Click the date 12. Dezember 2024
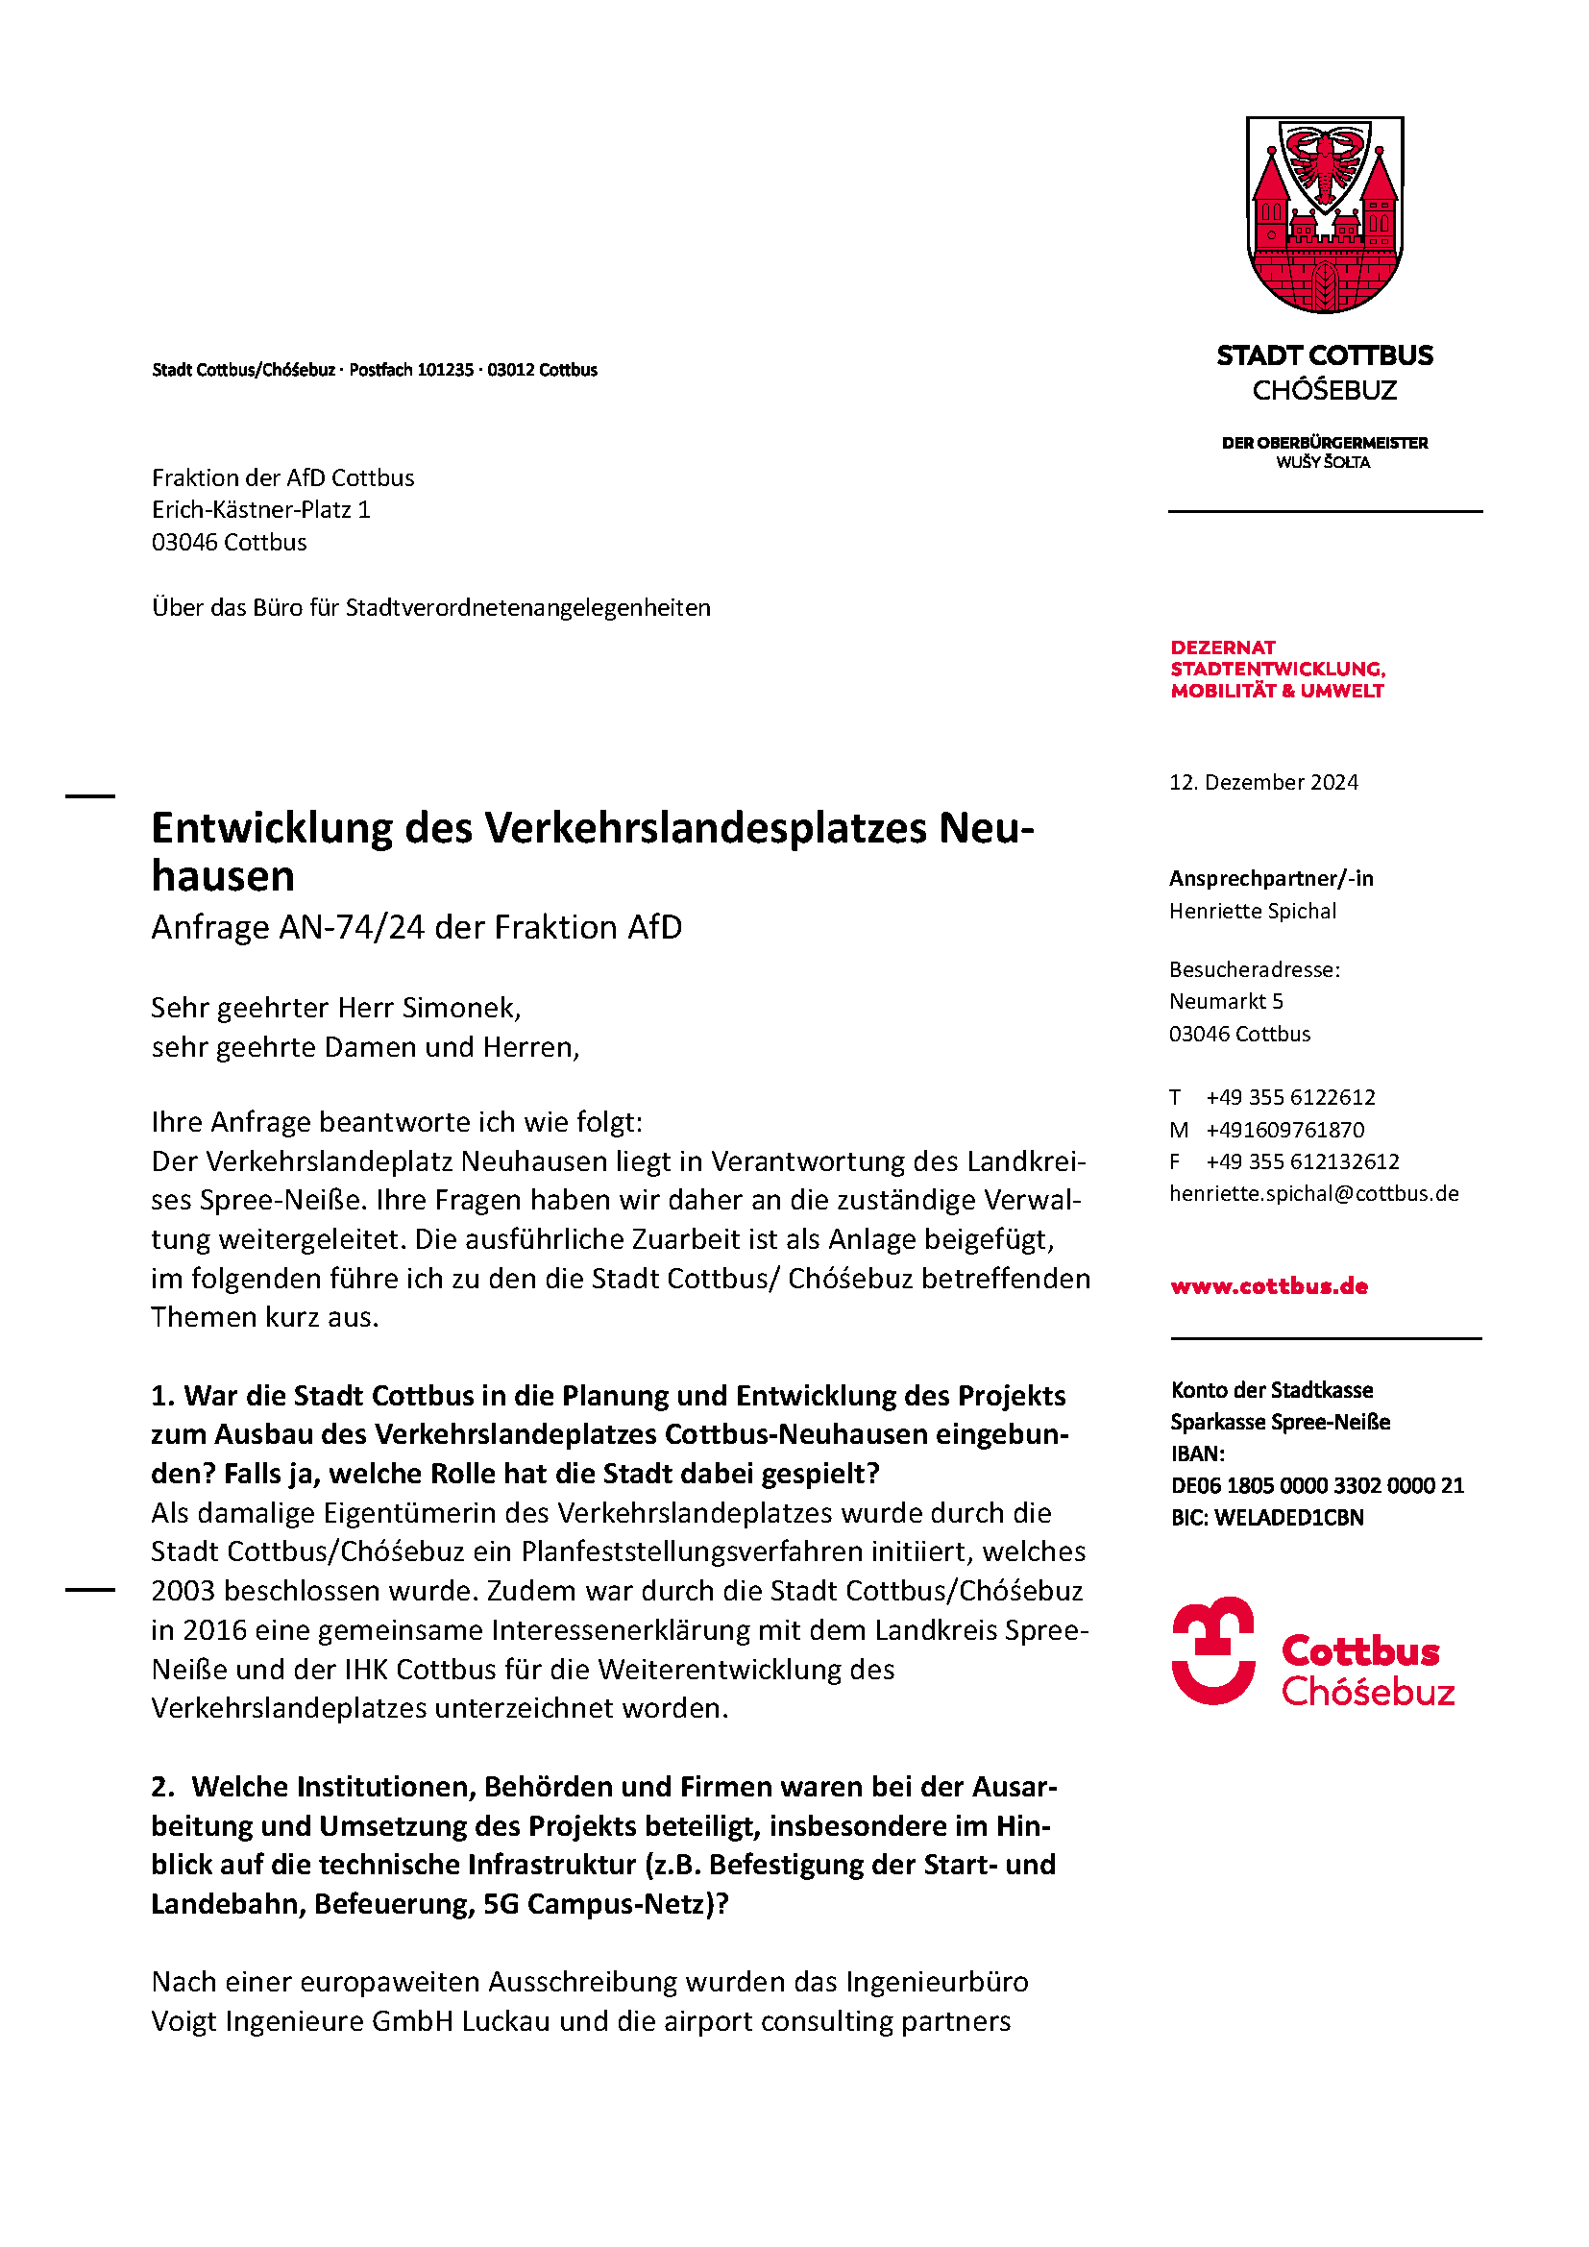[1263, 782]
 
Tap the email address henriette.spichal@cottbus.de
[1313, 1194]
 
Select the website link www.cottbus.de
[1269, 1286]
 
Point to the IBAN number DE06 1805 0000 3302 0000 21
[1317, 1485]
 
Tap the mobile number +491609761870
[1284, 1130]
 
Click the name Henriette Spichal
[1253, 911]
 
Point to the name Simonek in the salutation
[459, 1007]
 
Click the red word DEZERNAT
[1223, 647]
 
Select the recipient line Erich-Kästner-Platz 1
[260, 510]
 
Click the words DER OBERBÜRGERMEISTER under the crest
[1324, 443]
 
